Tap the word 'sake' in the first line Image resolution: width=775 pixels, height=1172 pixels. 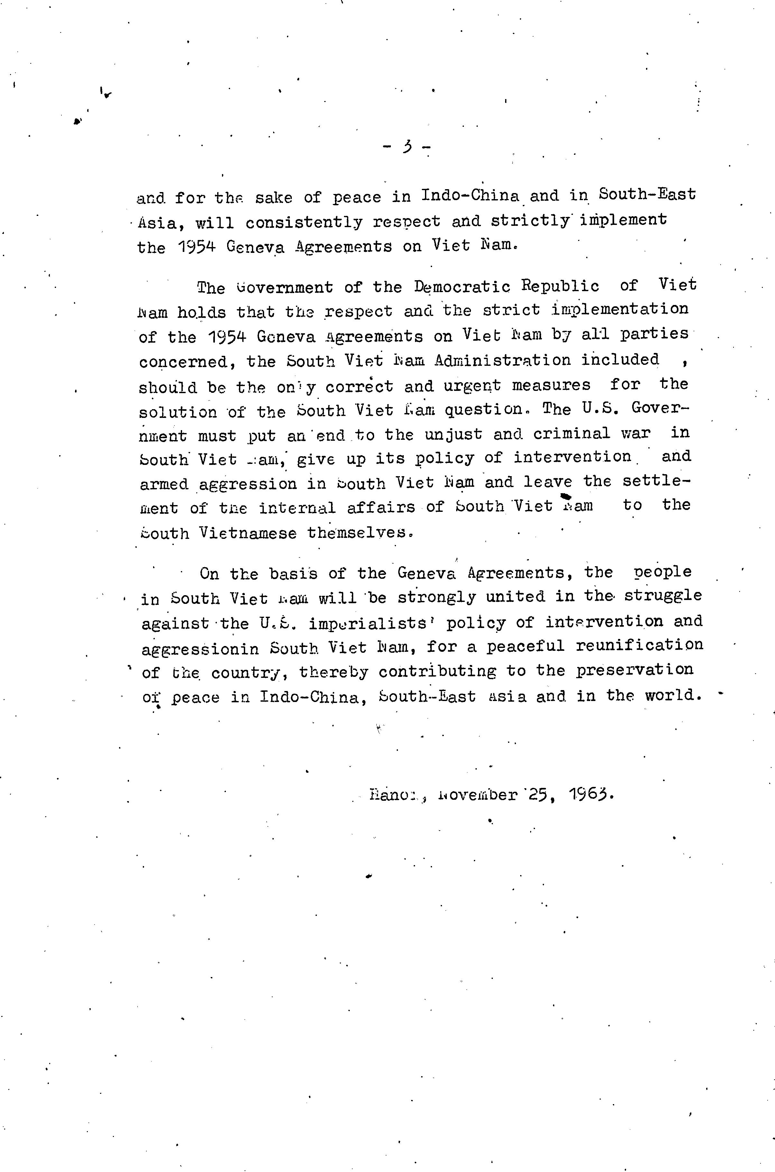(x=274, y=198)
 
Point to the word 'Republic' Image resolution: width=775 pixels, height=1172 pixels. (x=560, y=286)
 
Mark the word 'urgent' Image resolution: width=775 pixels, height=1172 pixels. (x=472, y=385)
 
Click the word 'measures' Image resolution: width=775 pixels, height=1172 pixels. (x=551, y=384)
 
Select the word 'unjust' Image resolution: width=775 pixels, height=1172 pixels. (x=453, y=434)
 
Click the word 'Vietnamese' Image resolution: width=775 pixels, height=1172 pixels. (x=248, y=533)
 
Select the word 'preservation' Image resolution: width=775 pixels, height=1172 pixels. (x=635, y=670)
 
